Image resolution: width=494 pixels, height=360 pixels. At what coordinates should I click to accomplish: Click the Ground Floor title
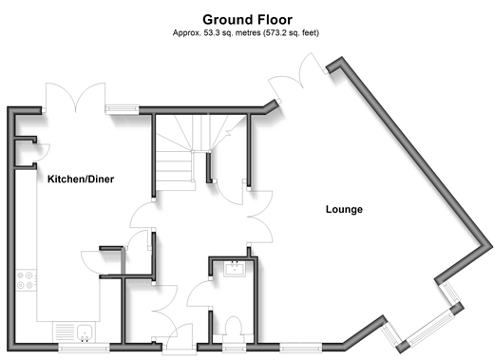[247, 20]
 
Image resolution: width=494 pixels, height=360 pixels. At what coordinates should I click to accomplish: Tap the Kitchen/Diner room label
[81, 180]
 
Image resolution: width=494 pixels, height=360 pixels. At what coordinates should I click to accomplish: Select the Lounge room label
[344, 209]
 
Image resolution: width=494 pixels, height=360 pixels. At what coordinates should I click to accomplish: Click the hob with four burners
[26, 280]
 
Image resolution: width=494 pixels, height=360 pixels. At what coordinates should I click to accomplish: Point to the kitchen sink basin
[85, 333]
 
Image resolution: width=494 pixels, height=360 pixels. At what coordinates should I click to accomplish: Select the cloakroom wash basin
[235, 269]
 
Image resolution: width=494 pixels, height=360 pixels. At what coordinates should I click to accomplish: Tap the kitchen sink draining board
[65, 332]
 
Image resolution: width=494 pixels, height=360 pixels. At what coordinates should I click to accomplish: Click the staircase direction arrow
[235, 126]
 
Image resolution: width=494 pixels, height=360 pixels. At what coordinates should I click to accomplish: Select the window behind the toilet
[234, 349]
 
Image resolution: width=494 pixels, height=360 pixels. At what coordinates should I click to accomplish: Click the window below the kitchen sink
[84, 349]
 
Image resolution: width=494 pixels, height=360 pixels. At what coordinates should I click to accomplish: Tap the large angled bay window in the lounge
[430, 329]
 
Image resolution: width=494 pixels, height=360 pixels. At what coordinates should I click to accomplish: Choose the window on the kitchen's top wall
[122, 109]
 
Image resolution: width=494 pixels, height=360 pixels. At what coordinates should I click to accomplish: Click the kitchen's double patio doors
[75, 97]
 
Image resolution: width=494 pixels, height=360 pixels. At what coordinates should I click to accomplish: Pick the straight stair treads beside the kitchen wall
[174, 171]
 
